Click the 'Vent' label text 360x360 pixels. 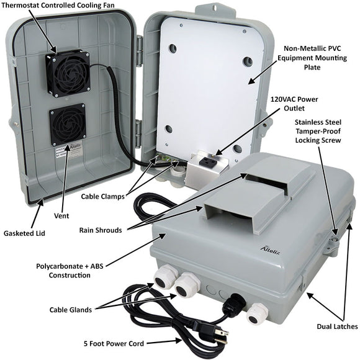(61, 215)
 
